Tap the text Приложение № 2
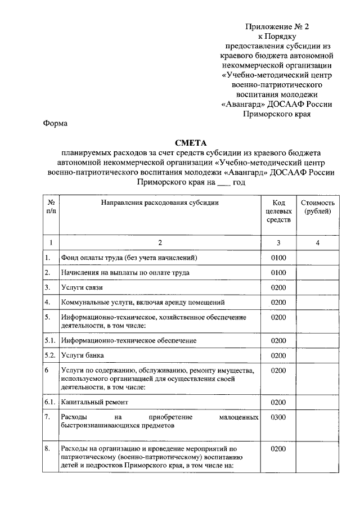pyautogui.click(x=276, y=26)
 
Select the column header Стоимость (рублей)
pyautogui.click(x=318, y=206)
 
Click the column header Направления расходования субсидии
pyautogui.click(x=160, y=202)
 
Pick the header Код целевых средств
pyautogui.click(x=278, y=211)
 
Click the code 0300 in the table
pyautogui.click(x=278, y=418)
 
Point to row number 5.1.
pyautogui.click(x=51, y=341)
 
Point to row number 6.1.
pyautogui.click(x=51, y=403)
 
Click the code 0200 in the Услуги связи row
pyautogui.click(x=278, y=287)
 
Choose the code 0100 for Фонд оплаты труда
pyautogui.click(x=278, y=258)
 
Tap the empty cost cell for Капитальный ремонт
pyautogui.click(x=318, y=403)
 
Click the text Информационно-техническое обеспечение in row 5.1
pyautogui.click(x=129, y=341)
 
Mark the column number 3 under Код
pyautogui.click(x=278, y=243)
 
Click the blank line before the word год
pyautogui.click(x=223, y=183)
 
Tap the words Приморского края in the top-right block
pyautogui.click(x=276, y=114)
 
